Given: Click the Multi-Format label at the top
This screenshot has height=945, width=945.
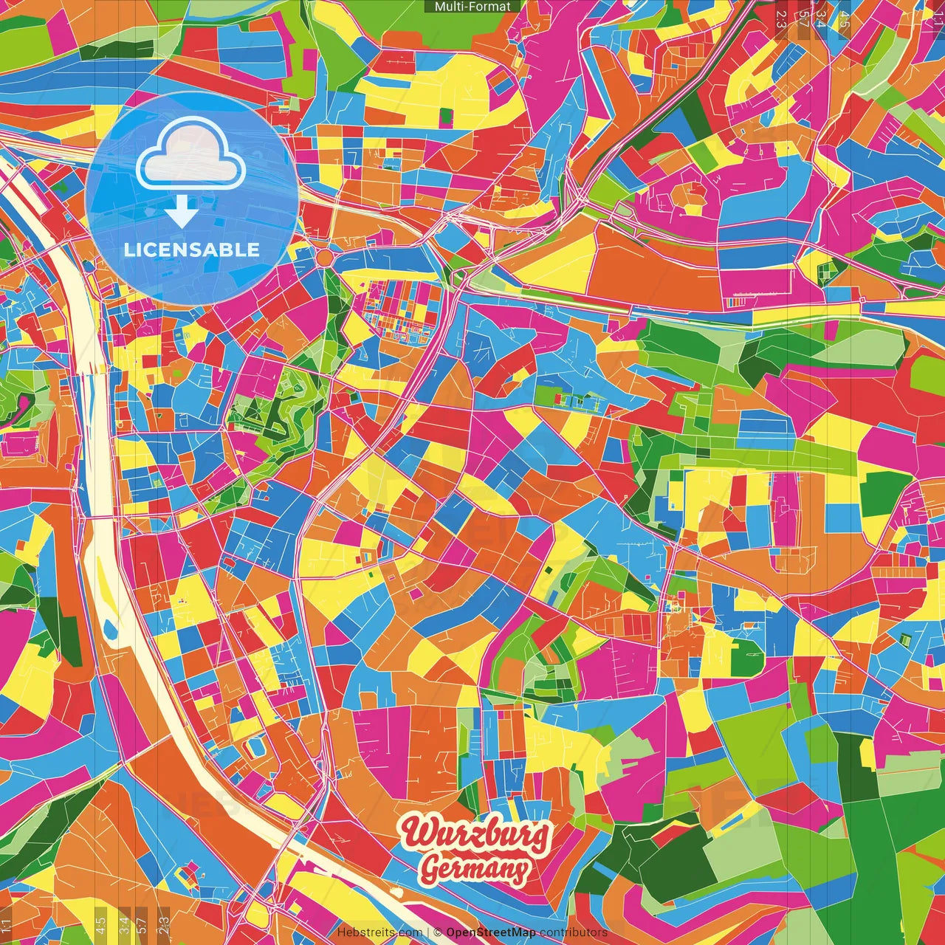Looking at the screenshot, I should (472, 7).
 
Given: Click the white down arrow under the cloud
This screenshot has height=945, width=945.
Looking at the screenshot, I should (181, 214).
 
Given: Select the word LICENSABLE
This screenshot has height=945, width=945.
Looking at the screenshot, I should (192, 250).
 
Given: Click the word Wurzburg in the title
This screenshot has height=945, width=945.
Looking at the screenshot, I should (476, 834).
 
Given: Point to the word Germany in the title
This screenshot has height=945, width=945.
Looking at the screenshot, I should (476, 868).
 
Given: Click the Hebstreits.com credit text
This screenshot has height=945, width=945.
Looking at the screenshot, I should (379, 932).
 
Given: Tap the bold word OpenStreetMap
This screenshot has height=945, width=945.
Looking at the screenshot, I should (491, 932).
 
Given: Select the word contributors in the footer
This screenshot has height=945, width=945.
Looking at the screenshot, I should (574, 932).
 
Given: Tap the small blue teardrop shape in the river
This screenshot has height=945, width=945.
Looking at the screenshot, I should (111, 629).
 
